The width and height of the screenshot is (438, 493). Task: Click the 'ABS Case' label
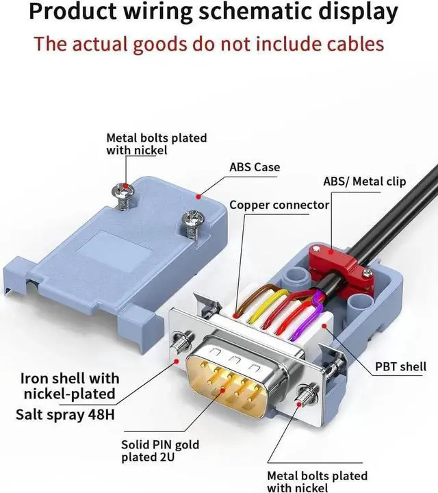coord(254,167)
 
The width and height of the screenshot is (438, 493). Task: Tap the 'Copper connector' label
coord(279,205)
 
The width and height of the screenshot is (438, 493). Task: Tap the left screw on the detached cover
coord(124,194)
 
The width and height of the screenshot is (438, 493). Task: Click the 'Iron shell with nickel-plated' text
coord(70,386)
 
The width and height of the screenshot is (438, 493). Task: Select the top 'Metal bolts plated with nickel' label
coord(156,144)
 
